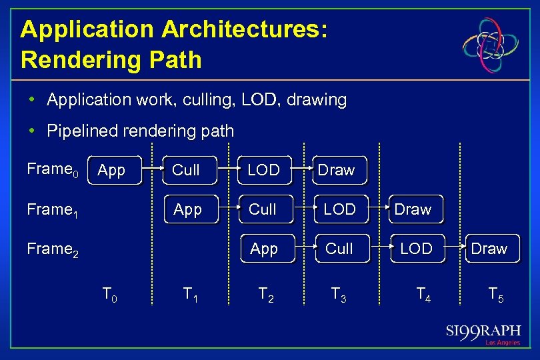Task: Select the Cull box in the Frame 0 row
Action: click(x=186, y=171)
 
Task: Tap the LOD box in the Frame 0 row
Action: click(x=263, y=171)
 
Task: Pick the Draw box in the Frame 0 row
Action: click(x=336, y=171)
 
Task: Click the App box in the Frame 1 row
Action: click(x=187, y=210)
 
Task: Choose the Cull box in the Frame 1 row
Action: click(x=263, y=210)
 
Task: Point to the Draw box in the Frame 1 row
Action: click(x=413, y=210)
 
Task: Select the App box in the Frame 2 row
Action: click(x=264, y=249)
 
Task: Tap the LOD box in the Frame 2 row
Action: click(x=416, y=249)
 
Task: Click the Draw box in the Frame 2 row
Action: click(x=489, y=249)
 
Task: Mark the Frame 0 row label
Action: click(x=53, y=170)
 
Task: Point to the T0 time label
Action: click(x=109, y=293)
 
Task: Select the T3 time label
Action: click(x=338, y=293)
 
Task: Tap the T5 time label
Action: click(x=495, y=293)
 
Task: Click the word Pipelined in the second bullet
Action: click(x=79, y=131)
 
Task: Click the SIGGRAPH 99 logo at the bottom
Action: click(x=483, y=333)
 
